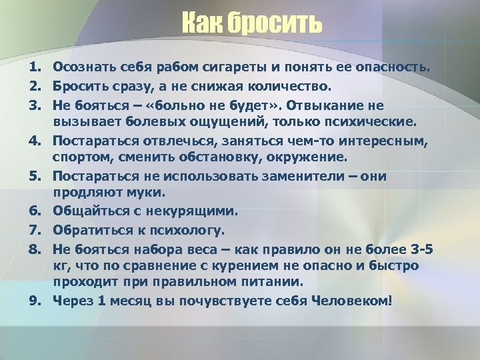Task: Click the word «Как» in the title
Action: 201,25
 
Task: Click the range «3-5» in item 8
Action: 419,249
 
